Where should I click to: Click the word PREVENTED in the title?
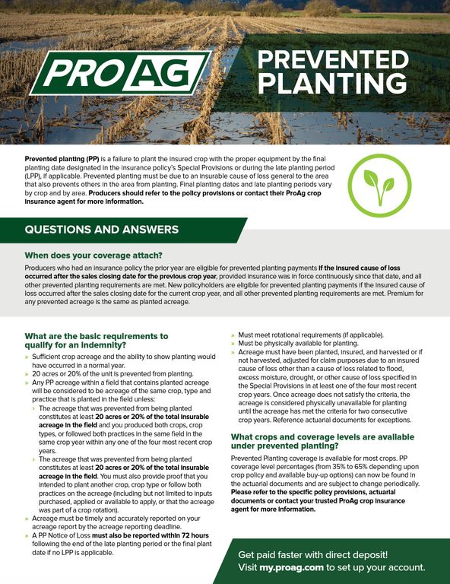[x=333, y=60]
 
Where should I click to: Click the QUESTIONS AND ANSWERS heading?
[x=102, y=230]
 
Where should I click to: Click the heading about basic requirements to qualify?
[x=97, y=340]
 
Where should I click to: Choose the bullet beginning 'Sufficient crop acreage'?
[x=122, y=360]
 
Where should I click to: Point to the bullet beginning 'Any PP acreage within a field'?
[x=122, y=387]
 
